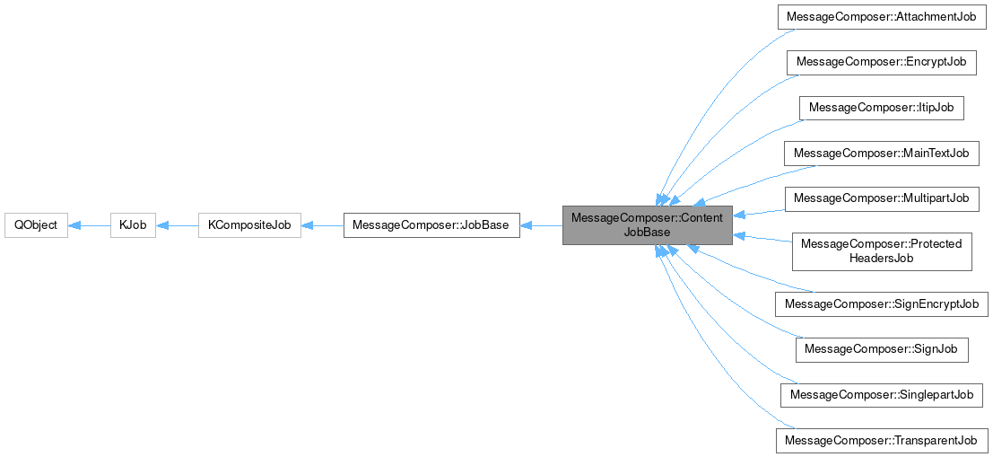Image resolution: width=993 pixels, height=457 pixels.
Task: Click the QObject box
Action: pos(36,225)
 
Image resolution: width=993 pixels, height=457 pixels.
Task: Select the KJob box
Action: pos(133,225)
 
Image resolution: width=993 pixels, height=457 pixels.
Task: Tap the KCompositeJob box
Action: pos(249,225)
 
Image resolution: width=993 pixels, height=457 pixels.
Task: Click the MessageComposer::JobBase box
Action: pos(431,225)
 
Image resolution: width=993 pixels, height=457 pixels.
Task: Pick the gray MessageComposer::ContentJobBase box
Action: pos(647,225)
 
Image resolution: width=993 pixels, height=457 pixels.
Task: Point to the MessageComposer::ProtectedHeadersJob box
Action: pos(882,251)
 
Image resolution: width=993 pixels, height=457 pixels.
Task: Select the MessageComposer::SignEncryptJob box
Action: pos(882,304)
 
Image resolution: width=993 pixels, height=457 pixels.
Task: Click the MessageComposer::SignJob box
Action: pos(882,349)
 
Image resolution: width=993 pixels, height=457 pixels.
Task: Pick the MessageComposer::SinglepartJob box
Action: pos(882,395)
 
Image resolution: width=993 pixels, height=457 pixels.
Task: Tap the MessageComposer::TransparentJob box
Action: pos(882,440)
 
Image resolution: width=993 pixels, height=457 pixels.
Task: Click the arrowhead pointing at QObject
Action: pos(74,225)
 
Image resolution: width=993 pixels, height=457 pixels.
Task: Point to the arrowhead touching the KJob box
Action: pos(162,225)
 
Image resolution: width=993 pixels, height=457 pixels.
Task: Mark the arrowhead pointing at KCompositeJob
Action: pos(307,225)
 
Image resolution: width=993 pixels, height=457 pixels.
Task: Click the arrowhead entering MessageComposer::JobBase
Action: pos(526,225)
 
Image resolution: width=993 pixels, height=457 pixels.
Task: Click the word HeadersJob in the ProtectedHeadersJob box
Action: pos(882,259)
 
